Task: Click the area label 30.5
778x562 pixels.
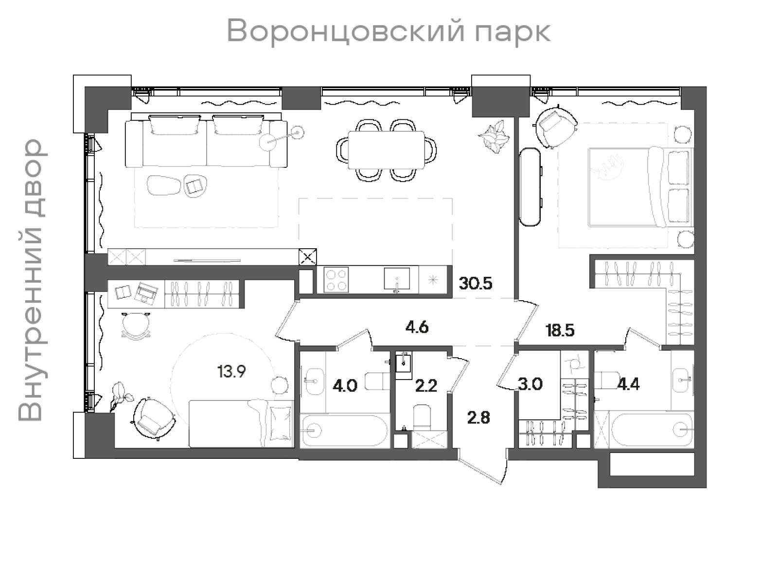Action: pyautogui.click(x=476, y=283)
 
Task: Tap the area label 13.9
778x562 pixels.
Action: pyautogui.click(x=231, y=372)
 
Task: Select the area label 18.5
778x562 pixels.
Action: pyautogui.click(x=560, y=331)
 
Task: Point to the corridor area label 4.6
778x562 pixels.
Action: pyautogui.click(x=417, y=327)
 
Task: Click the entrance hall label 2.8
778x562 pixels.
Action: pyautogui.click(x=478, y=417)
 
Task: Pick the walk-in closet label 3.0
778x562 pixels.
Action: pyautogui.click(x=530, y=384)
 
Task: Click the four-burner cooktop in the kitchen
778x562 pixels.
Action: pyautogui.click(x=336, y=280)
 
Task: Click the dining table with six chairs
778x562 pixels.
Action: pyautogui.click(x=386, y=150)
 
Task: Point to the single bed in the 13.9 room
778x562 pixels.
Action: pyautogui.click(x=241, y=423)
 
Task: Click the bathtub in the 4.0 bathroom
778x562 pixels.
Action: pyautogui.click(x=344, y=430)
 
